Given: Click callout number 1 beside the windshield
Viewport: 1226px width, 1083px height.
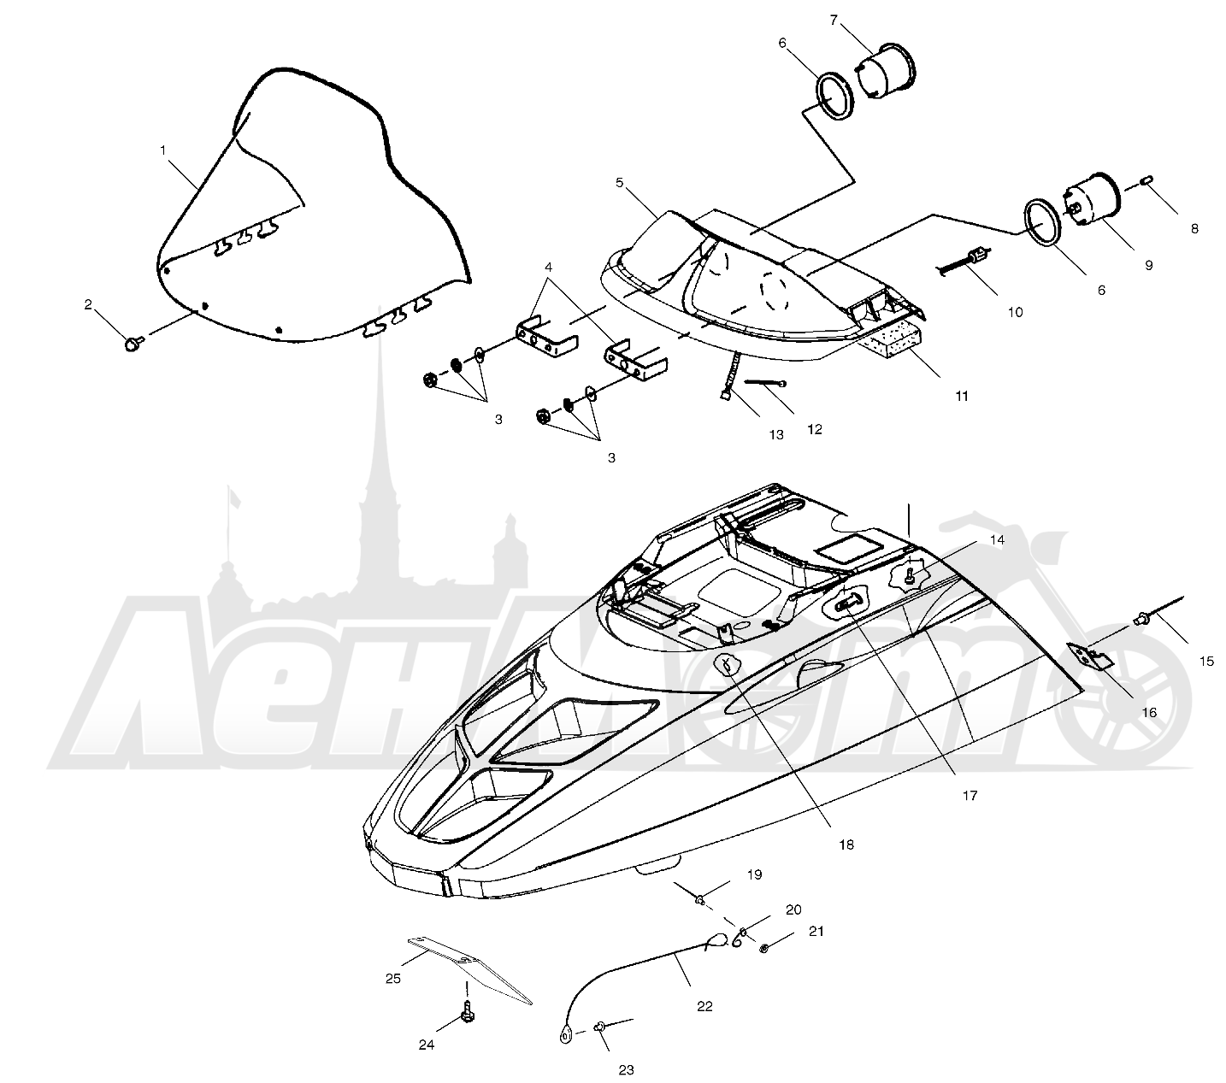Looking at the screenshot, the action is [x=162, y=150].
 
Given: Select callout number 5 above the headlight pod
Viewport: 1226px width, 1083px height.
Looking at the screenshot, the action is [x=619, y=182].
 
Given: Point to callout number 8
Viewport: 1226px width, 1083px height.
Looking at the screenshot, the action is [x=1194, y=229].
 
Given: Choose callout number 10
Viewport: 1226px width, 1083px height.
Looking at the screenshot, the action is [x=1015, y=312].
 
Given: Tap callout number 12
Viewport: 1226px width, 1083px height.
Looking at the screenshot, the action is [x=815, y=429].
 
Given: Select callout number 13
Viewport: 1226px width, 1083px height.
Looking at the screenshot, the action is [x=775, y=435].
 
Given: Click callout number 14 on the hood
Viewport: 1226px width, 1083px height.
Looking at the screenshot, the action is [x=997, y=539].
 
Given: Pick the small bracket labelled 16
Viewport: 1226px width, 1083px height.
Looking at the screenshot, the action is [x=1089, y=656].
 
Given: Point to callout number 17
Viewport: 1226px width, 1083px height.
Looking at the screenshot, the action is [x=970, y=796].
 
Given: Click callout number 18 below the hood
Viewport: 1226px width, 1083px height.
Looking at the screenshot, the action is [x=846, y=845].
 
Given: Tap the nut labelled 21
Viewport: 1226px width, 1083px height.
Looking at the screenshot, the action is [x=763, y=949].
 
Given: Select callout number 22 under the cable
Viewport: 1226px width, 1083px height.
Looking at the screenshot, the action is [x=704, y=1006].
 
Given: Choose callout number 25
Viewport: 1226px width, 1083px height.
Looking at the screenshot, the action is [x=392, y=979].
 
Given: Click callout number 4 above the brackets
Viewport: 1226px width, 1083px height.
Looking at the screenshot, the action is [x=548, y=267].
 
